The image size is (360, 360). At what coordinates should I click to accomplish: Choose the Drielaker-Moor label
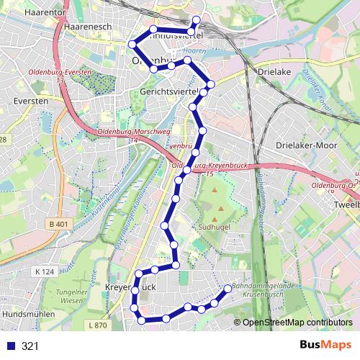click(307, 145)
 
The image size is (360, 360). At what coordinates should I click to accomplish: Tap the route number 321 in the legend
click(30, 346)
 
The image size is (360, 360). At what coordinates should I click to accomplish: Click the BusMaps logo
click(326, 346)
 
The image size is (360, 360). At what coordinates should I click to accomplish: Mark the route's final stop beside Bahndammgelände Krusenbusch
click(228, 289)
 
